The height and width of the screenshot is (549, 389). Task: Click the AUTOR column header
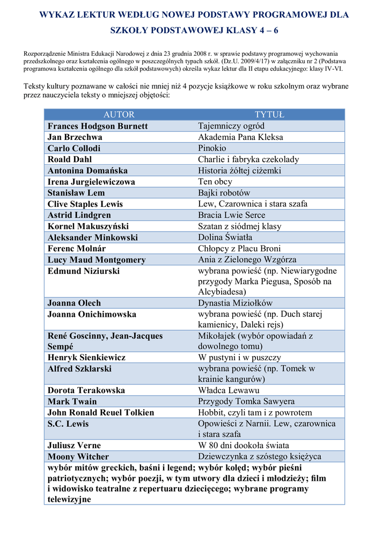pos(119,115)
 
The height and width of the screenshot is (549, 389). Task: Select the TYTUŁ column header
pos(269,115)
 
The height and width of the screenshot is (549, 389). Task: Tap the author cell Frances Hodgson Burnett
pos(98,126)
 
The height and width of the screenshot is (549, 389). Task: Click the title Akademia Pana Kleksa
pos(240,137)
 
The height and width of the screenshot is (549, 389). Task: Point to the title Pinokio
pos(212,148)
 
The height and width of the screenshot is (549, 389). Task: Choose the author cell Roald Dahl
pos(70,159)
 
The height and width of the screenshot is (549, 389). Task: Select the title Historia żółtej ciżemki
pos(239,170)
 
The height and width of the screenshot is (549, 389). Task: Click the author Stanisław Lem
pos(76,192)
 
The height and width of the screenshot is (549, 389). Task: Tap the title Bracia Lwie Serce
pos(232,215)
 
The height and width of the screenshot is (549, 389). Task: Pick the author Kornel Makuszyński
pos(88,226)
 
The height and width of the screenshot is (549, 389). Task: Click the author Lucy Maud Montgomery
pos(97,259)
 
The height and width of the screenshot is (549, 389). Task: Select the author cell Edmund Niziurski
pos(84,271)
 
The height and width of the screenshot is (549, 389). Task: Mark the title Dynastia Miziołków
pos(236,303)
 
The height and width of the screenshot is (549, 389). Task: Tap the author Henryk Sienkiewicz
pos(86,357)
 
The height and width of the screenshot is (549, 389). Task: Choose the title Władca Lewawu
pos(229,390)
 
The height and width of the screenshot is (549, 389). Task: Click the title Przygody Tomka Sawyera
pos(246,402)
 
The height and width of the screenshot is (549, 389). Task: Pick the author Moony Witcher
pos(78,457)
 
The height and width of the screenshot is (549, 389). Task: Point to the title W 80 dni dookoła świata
pos(244,446)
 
